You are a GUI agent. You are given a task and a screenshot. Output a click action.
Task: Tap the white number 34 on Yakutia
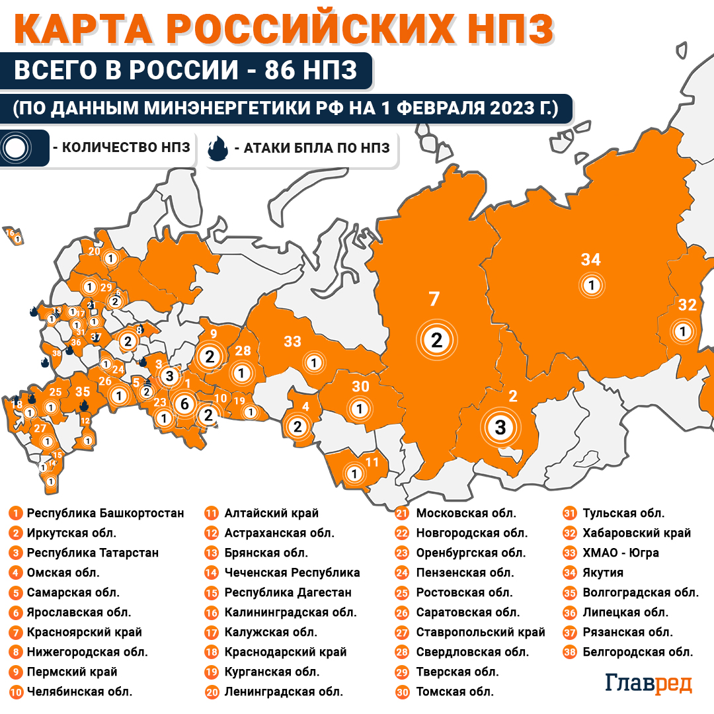click(590, 260)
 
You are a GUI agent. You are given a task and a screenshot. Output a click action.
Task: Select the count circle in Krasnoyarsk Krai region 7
click(436, 340)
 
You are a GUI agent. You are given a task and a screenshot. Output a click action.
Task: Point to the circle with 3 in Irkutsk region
click(500, 427)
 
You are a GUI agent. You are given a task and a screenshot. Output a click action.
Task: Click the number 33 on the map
click(292, 341)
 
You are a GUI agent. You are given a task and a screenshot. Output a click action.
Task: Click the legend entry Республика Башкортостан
click(105, 513)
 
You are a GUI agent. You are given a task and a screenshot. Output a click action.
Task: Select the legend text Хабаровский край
click(636, 533)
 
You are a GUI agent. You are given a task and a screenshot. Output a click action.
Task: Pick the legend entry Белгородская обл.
click(637, 652)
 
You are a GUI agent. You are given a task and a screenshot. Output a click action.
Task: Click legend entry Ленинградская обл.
click(283, 692)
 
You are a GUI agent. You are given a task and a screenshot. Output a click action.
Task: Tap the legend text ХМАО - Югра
click(620, 553)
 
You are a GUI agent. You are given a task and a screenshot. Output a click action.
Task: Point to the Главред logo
click(649, 684)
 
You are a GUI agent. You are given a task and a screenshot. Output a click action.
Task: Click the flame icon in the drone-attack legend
click(218, 148)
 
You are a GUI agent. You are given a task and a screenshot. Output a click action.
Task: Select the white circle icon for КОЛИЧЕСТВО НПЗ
click(15, 148)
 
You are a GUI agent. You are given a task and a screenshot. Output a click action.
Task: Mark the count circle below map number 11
click(354, 473)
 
